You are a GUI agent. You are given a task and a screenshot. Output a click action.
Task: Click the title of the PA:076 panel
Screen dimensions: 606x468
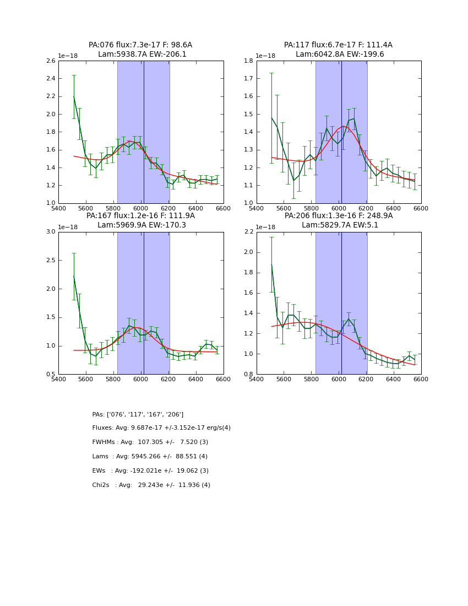(x=140, y=50)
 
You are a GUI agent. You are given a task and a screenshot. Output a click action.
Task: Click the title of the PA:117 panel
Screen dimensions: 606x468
(x=339, y=50)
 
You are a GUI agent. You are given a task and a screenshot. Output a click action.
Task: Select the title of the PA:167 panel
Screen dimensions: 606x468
(x=140, y=220)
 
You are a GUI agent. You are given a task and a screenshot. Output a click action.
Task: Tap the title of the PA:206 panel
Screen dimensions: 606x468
(x=339, y=220)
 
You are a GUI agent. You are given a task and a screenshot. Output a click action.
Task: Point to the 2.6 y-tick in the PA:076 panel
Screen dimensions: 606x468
(x=50, y=61)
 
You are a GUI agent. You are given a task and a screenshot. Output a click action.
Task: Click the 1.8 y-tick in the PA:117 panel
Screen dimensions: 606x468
(x=248, y=61)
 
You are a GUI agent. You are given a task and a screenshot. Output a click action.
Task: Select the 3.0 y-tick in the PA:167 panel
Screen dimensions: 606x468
(x=50, y=232)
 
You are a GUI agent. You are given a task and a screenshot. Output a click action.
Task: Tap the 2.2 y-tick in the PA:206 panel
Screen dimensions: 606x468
(x=248, y=232)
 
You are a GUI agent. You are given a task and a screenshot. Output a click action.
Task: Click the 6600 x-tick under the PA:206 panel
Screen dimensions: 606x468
(x=421, y=379)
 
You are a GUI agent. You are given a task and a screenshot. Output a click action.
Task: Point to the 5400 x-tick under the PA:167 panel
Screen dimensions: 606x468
(x=58, y=379)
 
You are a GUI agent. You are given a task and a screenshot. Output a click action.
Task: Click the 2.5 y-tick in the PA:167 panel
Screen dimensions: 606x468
(x=50, y=260)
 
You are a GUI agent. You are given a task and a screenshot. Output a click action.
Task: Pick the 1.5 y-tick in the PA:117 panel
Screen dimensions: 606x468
(x=248, y=114)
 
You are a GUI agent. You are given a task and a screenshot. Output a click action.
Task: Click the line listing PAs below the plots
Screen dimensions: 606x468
(x=138, y=414)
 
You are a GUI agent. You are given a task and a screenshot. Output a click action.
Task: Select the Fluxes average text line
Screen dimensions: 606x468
(x=161, y=428)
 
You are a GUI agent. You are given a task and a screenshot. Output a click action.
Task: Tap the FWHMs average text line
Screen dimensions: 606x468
(x=150, y=442)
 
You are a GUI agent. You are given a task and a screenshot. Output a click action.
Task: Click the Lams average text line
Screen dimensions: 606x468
(x=150, y=457)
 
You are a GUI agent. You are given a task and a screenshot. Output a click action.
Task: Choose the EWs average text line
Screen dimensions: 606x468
(x=150, y=471)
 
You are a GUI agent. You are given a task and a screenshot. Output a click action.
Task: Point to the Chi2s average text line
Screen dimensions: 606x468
(x=151, y=485)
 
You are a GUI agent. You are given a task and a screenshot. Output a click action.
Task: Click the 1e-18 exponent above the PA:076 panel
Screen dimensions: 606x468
(x=68, y=56)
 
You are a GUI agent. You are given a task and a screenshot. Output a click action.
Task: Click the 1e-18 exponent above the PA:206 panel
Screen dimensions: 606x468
(x=266, y=227)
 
